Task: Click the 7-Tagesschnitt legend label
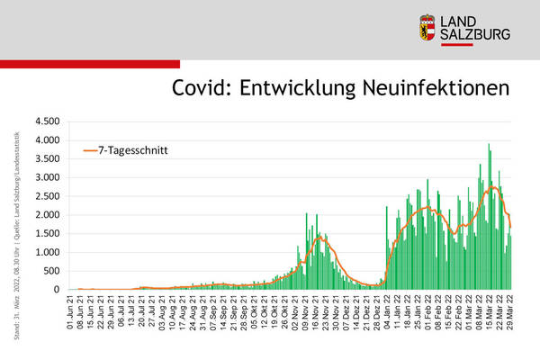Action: (135, 150)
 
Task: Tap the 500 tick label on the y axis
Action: (49, 271)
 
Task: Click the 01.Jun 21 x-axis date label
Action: (71, 311)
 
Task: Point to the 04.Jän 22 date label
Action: (387, 311)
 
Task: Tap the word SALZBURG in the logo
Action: (478, 35)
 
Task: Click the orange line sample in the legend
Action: (91, 150)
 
